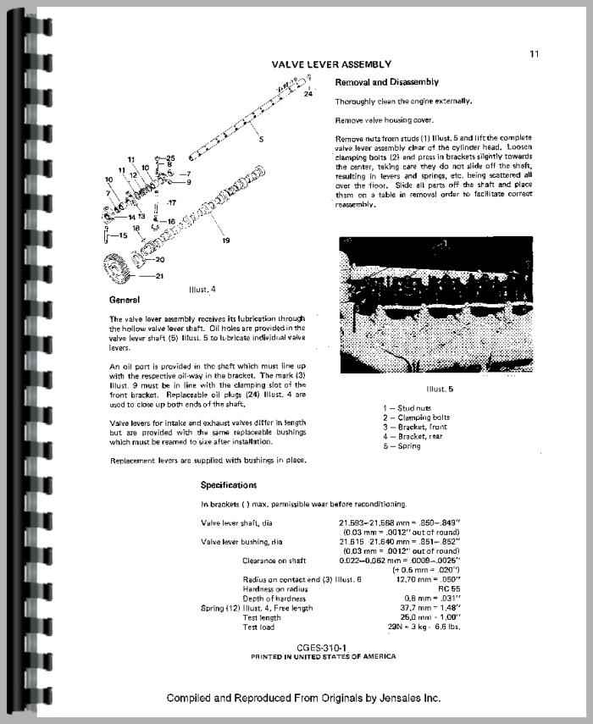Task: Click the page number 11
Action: click(x=534, y=53)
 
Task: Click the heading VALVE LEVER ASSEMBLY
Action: click(x=331, y=64)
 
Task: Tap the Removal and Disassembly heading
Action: click(x=387, y=82)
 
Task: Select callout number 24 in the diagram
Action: click(x=308, y=96)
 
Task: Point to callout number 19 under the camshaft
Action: click(x=226, y=241)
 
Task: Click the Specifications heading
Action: click(x=229, y=485)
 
